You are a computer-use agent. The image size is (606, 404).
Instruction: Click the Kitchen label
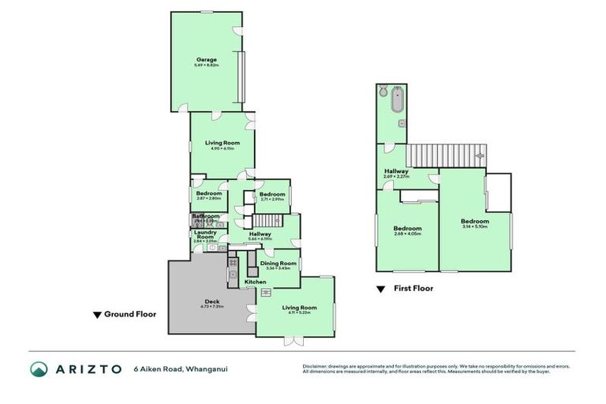pyautogui.click(x=255, y=282)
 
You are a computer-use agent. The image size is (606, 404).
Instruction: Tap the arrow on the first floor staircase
pyautogui.click(x=477, y=157)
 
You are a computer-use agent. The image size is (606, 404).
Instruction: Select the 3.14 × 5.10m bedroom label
pyautogui.click(x=474, y=223)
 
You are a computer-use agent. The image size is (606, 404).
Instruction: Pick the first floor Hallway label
pyautogui.click(x=396, y=173)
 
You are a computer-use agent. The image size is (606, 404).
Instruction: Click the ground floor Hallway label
pyautogui.click(x=260, y=235)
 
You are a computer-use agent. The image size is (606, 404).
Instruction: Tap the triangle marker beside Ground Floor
pyautogui.click(x=98, y=314)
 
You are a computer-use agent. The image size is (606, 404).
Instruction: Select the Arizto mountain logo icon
pyautogui.click(x=39, y=368)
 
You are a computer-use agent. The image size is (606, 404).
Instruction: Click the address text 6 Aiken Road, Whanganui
pyautogui.click(x=180, y=368)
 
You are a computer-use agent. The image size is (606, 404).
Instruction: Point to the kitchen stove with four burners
pyautogui.click(x=234, y=261)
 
